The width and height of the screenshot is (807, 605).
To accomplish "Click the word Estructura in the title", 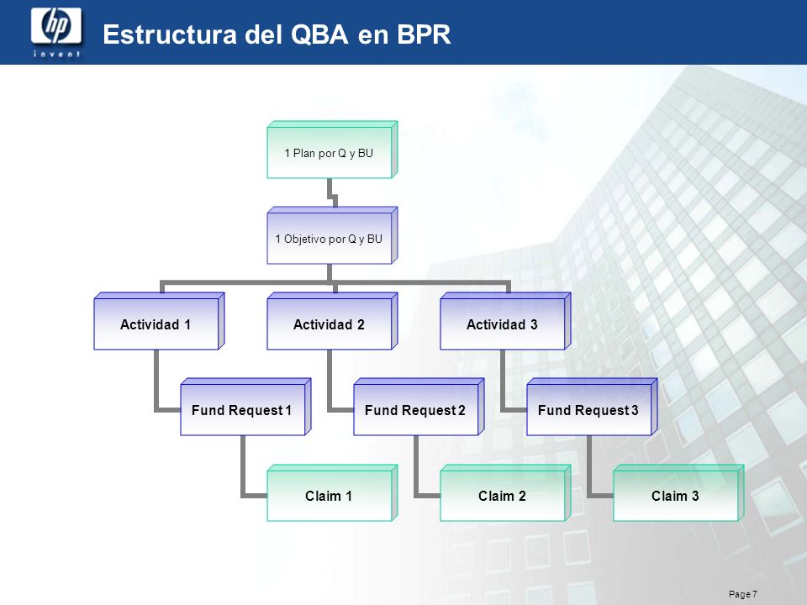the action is pyautogui.click(x=170, y=34).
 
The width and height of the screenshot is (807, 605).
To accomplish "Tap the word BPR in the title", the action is pyautogui.click(x=424, y=34).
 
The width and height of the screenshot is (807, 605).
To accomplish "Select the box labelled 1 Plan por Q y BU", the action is pyautogui.click(x=332, y=150).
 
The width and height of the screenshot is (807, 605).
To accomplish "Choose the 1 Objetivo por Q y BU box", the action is pyautogui.click(x=332, y=235).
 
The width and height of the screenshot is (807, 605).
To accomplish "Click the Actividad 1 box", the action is pyautogui.click(x=159, y=322).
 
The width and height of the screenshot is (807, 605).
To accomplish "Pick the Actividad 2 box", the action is pyautogui.click(x=332, y=322).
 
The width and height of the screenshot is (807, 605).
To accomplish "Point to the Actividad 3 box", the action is pyautogui.click(x=505, y=322).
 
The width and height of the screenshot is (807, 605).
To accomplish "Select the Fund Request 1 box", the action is pyautogui.click(x=245, y=408).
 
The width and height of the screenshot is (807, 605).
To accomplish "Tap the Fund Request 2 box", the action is pyautogui.click(x=419, y=408).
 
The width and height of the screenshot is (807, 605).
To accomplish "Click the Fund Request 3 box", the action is pyautogui.click(x=592, y=408).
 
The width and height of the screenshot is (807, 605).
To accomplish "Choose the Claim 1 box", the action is pyautogui.click(x=332, y=493).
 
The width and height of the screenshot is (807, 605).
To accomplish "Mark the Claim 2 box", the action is pyautogui.click(x=505, y=493).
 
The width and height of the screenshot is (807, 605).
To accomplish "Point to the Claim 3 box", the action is pyautogui.click(x=678, y=493).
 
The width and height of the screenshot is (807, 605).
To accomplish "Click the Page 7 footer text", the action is pyautogui.click(x=742, y=594).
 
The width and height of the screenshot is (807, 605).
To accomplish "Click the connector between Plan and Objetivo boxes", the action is pyautogui.click(x=332, y=195).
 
